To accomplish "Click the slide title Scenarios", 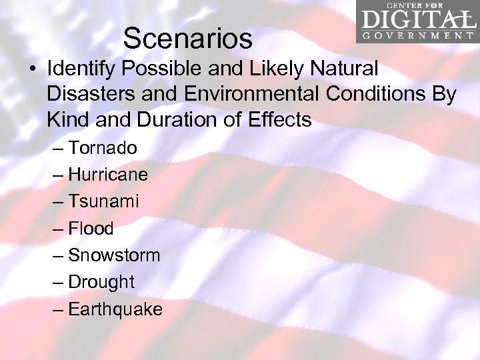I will pos(187,39).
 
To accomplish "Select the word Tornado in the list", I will pos(103,147).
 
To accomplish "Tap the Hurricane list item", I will pos(108,175).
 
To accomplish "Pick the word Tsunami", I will pos(103,201).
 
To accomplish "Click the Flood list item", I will pos(91,229).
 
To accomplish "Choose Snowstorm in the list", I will pos(114,255).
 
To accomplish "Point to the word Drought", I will pos(101,282).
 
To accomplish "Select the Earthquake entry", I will pos(115,309).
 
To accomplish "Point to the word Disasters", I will pos(89,94).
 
